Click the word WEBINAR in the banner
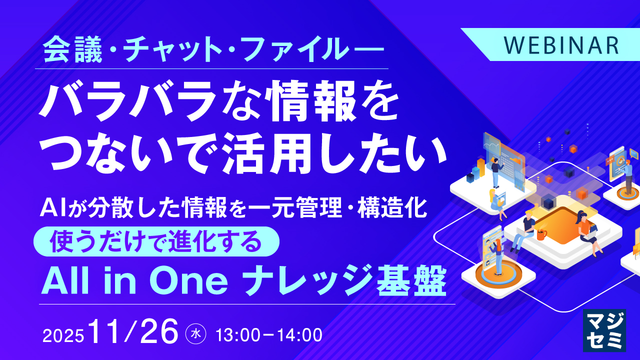click(561, 45)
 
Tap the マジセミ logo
click(604, 330)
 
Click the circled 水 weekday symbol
click(195, 334)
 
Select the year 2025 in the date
click(63, 335)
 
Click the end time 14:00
click(300, 335)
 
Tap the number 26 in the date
click(159, 331)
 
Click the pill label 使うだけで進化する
click(156, 241)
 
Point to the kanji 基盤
click(411, 280)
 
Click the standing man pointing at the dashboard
click(495, 172)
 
